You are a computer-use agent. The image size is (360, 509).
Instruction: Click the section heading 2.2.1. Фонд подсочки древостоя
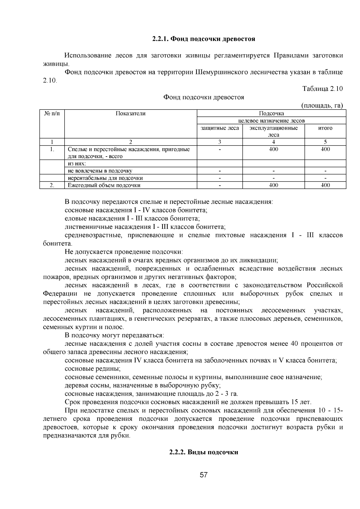203,39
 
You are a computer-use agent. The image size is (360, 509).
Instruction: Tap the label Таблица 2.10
322,89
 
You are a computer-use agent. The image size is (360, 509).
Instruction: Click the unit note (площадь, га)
322,105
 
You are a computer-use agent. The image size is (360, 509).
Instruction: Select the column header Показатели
130,113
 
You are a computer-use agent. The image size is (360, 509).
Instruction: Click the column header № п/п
52,113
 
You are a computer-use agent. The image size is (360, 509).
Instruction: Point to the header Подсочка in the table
271,113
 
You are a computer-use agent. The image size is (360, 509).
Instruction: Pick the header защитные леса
220,128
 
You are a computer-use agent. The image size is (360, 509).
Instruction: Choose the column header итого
325,128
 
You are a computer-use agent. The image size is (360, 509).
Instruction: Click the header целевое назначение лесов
271,121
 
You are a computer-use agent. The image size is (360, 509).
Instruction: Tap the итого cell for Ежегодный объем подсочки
325,185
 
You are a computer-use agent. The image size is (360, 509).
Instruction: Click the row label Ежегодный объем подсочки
104,185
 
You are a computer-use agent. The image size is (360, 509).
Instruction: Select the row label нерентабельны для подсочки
105,178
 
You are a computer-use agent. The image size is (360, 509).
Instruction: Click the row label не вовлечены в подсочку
100,171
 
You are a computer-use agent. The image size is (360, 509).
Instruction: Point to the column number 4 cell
273,142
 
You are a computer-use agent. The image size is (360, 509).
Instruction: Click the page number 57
204,475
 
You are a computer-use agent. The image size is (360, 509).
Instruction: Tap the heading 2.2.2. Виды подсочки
203,452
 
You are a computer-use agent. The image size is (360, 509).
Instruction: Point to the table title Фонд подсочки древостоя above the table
203,97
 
